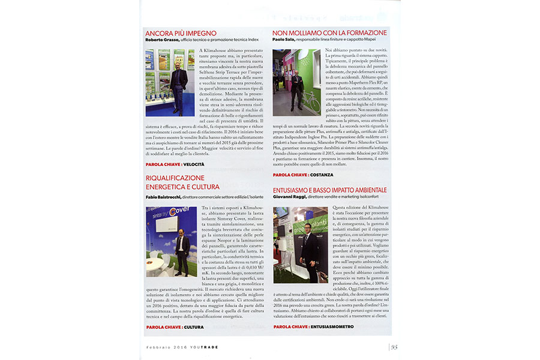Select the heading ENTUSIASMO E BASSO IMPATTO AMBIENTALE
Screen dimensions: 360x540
(329, 190)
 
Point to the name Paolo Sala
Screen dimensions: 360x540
(286, 40)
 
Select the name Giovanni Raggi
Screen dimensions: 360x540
(290, 197)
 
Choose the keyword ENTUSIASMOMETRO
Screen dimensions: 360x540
(332, 327)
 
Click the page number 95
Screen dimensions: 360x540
(394, 346)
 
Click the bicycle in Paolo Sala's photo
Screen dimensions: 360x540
(312, 100)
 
